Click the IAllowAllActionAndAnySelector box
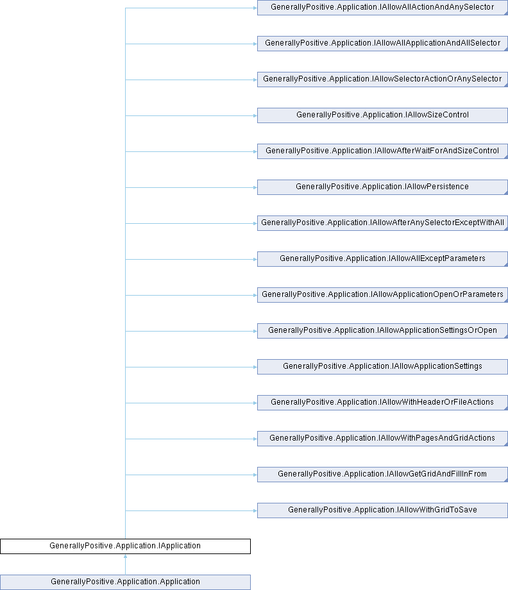point(382,8)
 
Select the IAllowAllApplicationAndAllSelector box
point(382,44)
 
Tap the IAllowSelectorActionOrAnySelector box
point(382,80)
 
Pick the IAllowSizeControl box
point(382,115)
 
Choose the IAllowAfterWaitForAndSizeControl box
point(382,151)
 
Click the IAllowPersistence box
point(382,187)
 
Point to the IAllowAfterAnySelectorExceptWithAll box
point(382,223)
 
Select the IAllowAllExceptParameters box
point(382,259)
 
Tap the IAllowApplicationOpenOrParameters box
point(382,295)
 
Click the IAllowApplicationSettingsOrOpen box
point(382,331)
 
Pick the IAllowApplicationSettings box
point(382,367)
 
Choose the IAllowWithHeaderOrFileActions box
point(382,403)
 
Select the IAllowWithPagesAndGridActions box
point(382,439)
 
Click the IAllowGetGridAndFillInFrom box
point(382,475)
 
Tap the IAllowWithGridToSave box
point(382,510)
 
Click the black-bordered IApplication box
point(125,546)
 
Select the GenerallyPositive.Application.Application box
point(125,582)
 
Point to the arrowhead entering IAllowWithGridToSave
point(255,510)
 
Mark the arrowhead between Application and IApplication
point(125,556)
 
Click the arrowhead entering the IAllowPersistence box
point(255,187)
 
